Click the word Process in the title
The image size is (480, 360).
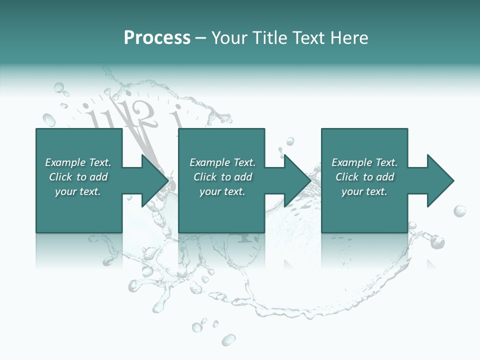pos(157,38)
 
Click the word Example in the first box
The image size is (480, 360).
pos(65,162)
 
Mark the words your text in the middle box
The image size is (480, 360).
pos(222,191)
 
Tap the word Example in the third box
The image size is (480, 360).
pos(352,162)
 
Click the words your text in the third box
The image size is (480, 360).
pos(364,191)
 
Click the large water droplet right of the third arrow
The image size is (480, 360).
pos(459,211)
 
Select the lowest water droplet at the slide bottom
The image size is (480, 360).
pos(228,340)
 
